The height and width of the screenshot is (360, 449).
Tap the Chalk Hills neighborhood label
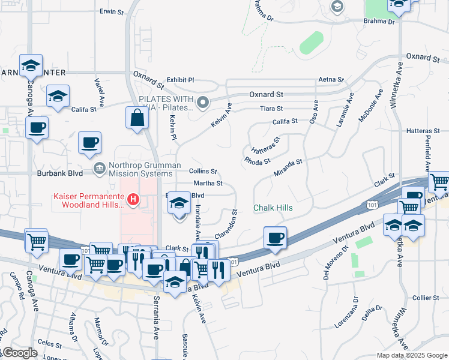tap(273, 208)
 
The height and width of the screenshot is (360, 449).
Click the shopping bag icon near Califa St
tap(137, 118)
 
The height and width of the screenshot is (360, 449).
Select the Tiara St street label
tap(271, 109)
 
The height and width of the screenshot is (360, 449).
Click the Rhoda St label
tap(258, 160)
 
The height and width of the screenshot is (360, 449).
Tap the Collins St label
tap(203, 172)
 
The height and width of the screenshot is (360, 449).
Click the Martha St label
tap(208, 183)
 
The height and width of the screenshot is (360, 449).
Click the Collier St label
tap(426, 298)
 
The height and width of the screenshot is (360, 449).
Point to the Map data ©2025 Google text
tap(411, 355)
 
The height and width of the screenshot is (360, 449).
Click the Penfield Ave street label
tap(427, 157)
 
